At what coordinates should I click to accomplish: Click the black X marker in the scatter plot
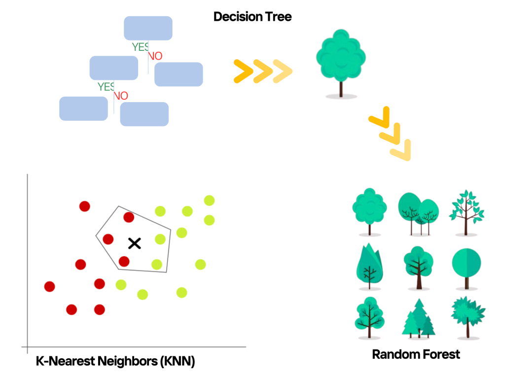134,243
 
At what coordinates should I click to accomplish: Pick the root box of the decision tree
148,28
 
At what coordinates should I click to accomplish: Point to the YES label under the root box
140,47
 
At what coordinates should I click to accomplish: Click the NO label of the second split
121,96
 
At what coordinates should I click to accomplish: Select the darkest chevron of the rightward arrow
242,72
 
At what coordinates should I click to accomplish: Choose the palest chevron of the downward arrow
401,151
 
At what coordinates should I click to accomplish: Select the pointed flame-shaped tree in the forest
369,266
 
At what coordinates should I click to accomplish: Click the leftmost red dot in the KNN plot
49,286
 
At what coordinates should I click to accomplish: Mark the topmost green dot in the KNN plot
210,200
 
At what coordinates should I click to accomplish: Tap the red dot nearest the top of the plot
84,206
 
